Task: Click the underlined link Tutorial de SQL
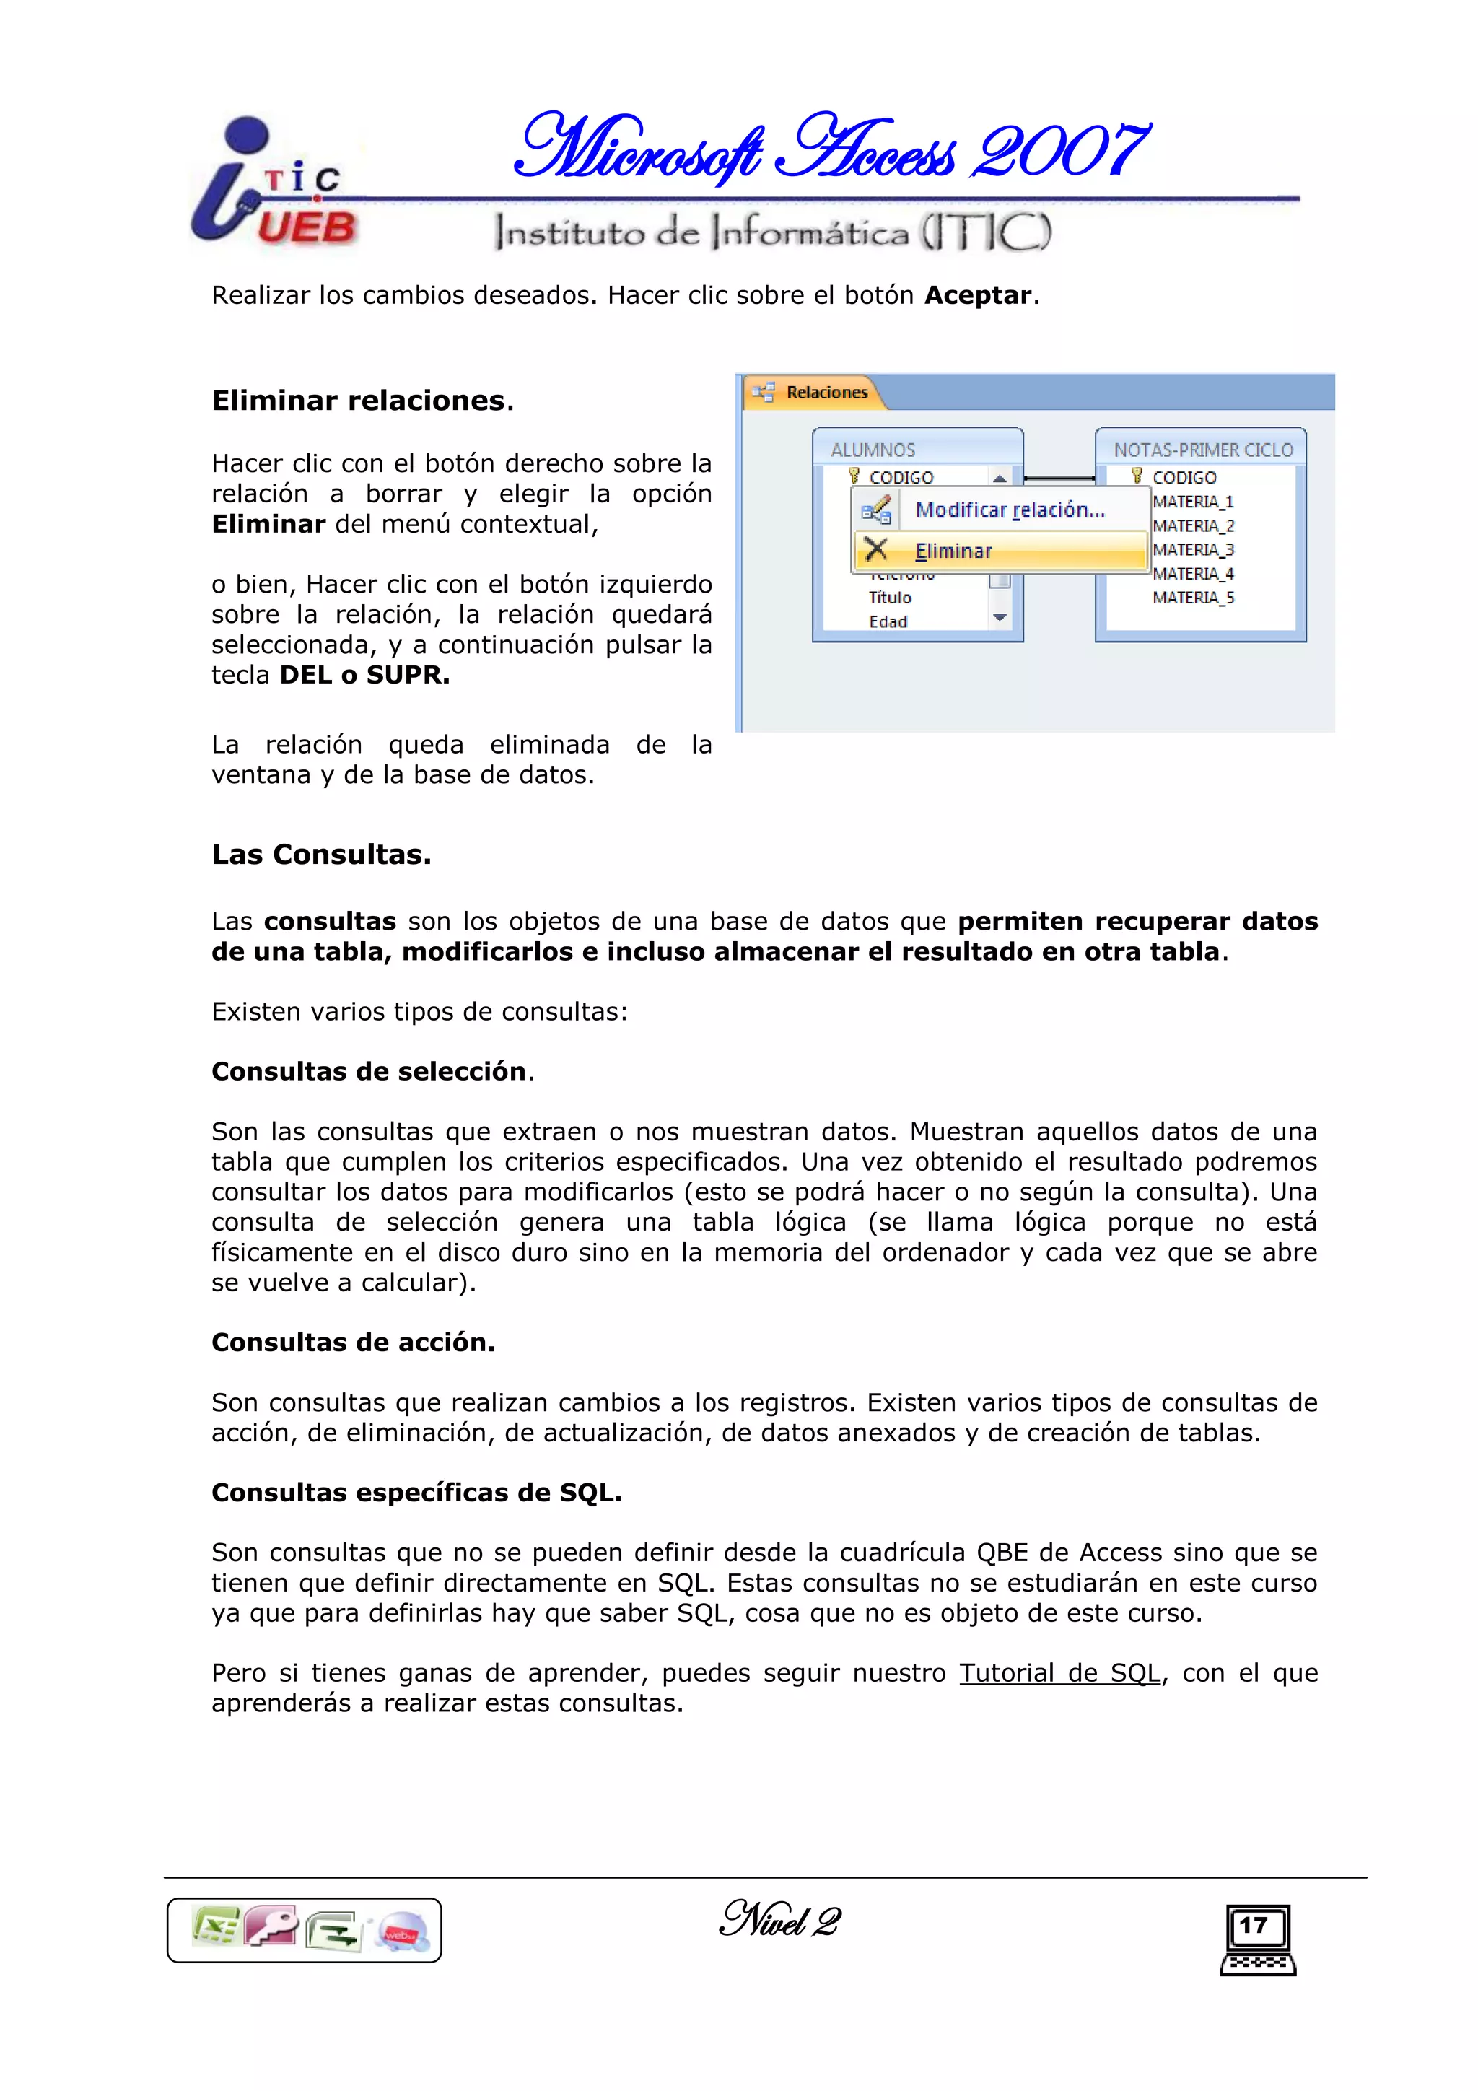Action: (x=1059, y=1673)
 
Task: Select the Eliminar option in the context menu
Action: (x=953, y=551)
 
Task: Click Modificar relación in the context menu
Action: (x=1009, y=510)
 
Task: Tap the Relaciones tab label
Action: (x=826, y=393)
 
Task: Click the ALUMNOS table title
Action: (x=873, y=450)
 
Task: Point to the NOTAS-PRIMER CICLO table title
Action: (x=1202, y=450)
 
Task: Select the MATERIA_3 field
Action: (x=1193, y=550)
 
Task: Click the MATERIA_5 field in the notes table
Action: (x=1193, y=598)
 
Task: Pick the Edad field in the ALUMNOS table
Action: (x=888, y=622)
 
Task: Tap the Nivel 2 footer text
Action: (x=779, y=1921)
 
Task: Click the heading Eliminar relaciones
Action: (x=362, y=401)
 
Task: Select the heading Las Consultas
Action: (x=320, y=855)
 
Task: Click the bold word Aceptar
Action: (x=978, y=296)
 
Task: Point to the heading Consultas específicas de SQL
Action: (x=416, y=1493)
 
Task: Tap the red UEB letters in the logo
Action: (x=306, y=227)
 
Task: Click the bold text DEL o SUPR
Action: (x=364, y=676)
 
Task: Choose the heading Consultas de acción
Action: (x=352, y=1343)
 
